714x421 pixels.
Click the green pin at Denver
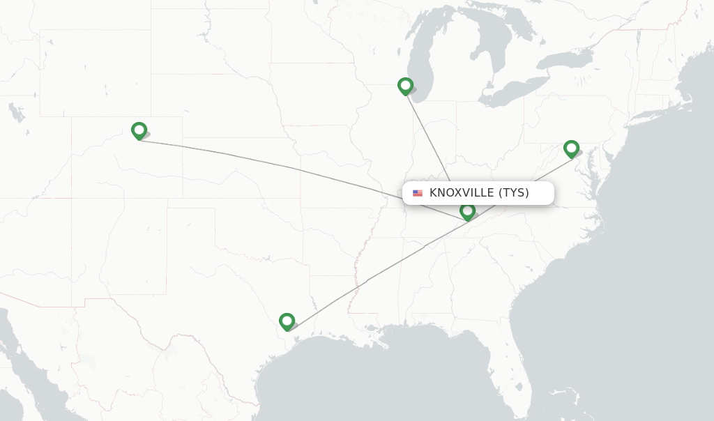tap(139, 130)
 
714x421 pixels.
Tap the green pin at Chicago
tap(405, 86)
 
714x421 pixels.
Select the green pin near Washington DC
tap(571, 148)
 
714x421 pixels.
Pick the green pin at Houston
tap(287, 321)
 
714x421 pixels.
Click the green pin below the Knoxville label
tap(467, 210)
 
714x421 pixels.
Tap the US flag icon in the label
tap(418, 193)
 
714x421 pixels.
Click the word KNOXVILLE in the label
tap(461, 193)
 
